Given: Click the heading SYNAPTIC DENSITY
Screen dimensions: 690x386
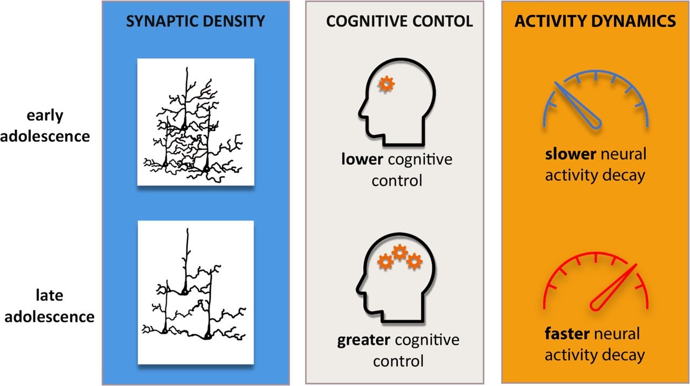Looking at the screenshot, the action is point(195,21).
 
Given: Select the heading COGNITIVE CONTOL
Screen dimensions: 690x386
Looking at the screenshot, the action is point(399,21).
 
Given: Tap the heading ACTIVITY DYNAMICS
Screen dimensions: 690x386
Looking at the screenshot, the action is point(595,21).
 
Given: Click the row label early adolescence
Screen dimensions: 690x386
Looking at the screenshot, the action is point(45,126).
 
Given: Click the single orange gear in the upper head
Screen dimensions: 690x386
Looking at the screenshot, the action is point(387,84).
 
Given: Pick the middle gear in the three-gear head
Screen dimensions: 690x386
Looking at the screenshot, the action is point(399,251).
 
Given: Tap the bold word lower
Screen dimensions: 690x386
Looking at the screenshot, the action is point(360,160).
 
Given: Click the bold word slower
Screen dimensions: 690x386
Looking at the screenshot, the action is point(570,155).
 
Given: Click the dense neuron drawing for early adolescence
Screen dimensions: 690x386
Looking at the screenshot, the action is point(196,122).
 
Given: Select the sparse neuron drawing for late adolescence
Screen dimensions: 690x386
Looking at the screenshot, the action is point(196,291).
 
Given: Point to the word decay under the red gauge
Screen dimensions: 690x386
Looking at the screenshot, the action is point(625,355).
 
